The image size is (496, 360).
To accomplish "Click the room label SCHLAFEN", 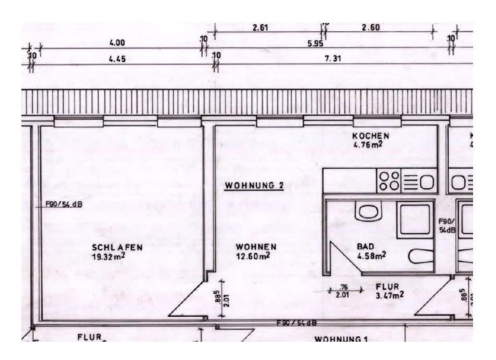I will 110,247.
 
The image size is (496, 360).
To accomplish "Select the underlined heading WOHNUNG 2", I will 254,185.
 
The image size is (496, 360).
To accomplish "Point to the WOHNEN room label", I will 256,246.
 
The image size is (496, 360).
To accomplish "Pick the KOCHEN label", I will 371,136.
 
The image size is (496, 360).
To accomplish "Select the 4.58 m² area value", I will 371,256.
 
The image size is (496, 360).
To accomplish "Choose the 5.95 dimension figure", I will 315,43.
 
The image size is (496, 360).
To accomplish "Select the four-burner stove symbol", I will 389,181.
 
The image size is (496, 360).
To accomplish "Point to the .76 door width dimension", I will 344,287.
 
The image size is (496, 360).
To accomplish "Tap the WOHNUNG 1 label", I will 341,339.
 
